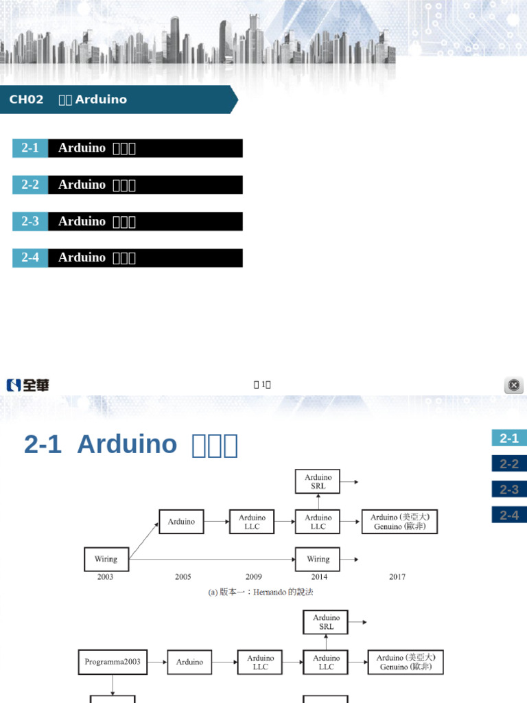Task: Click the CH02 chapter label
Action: (26, 100)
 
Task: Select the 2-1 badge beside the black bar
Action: (30, 148)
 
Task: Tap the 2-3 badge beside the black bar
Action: (30, 222)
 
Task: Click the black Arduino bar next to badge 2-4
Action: (145, 258)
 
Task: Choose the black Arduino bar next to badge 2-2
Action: (145, 185)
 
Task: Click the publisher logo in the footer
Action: (28, 385)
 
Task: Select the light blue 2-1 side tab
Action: (508, 438)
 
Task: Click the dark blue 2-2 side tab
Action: (508, 464)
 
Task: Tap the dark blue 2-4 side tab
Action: (508, 515)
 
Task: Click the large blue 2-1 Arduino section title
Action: (130, 445)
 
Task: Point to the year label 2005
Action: (183, 577)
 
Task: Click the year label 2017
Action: (397, 577)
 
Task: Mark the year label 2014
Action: (318, 577)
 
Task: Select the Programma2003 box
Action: (113, 662)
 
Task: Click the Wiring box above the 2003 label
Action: (106, 559)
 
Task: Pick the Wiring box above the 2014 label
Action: (318, 559)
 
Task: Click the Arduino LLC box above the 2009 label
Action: (253, 522)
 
